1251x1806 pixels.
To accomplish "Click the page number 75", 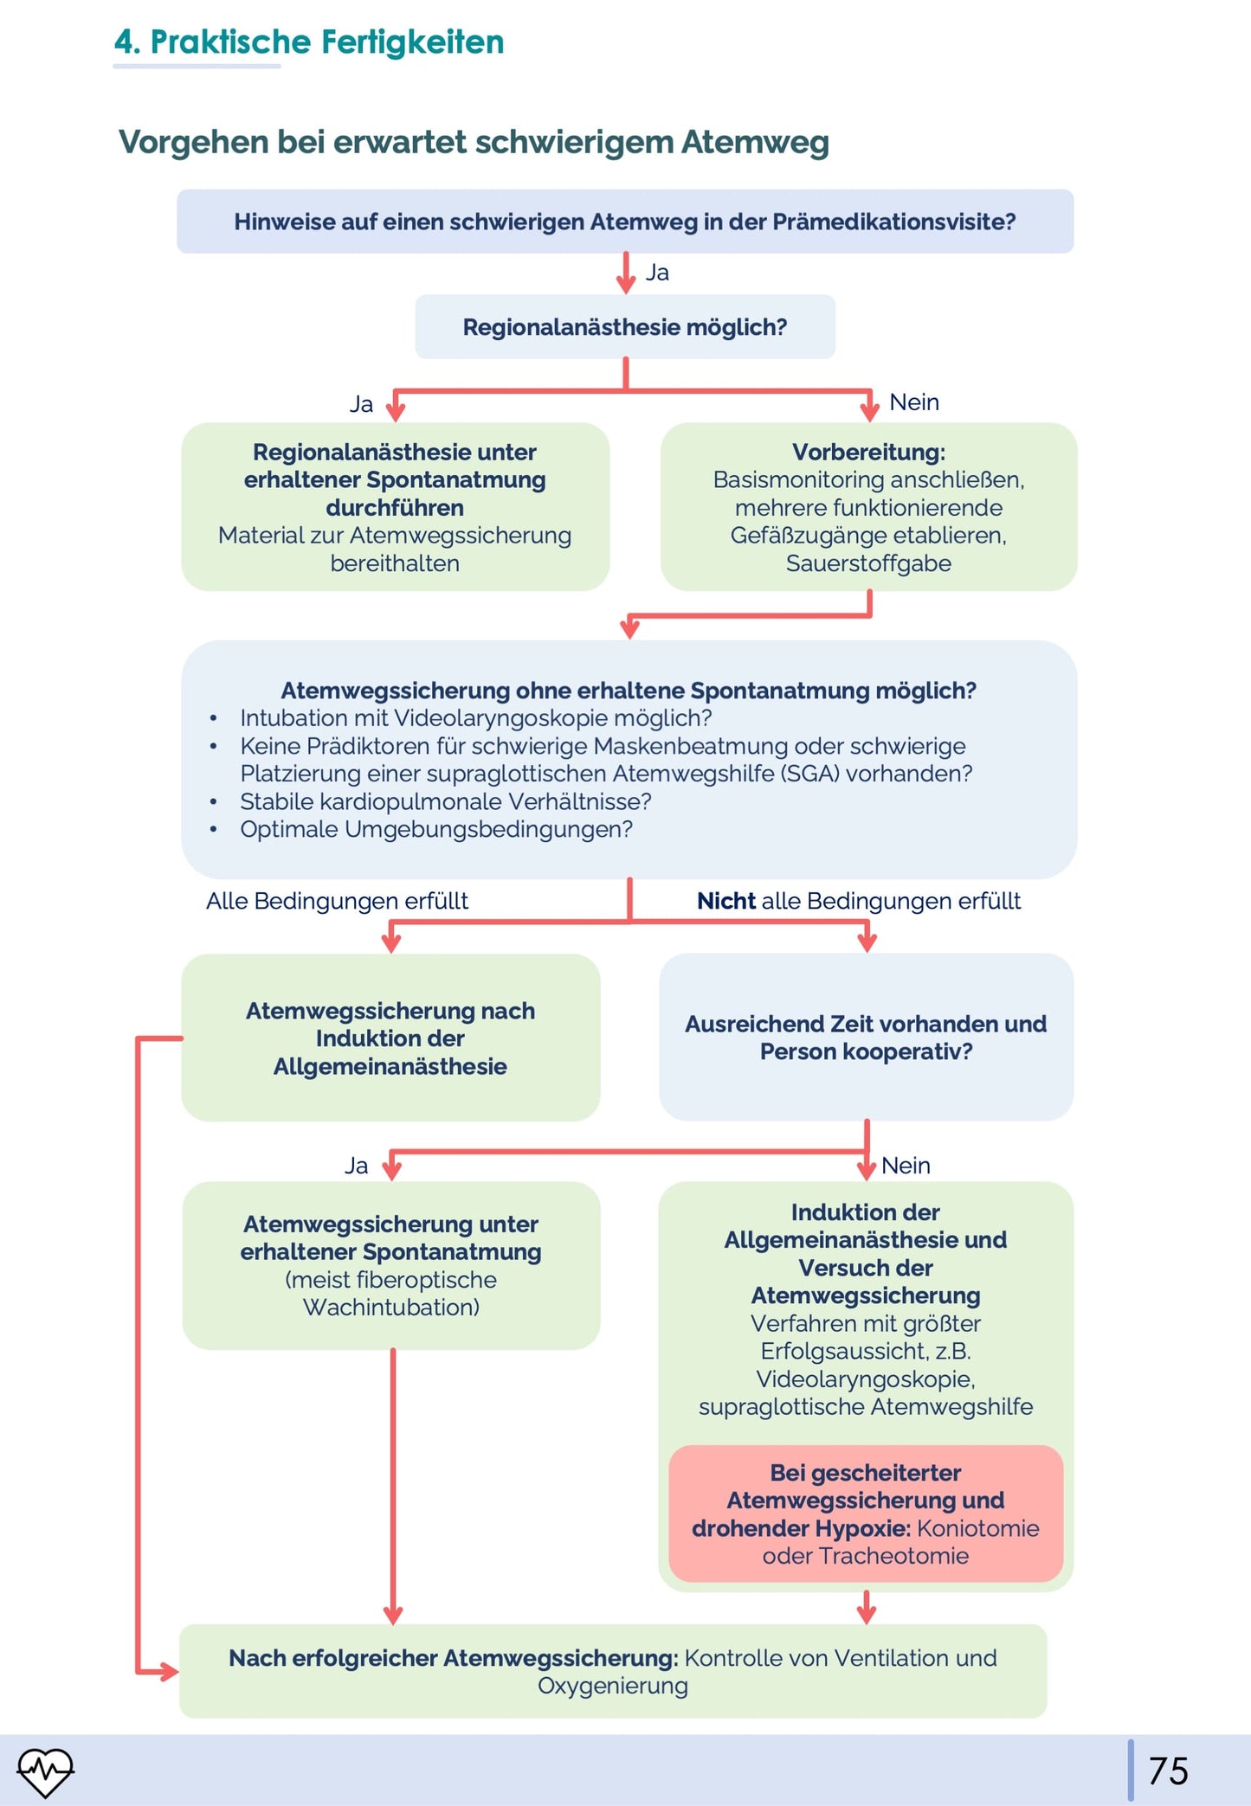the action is coord(1168,1771).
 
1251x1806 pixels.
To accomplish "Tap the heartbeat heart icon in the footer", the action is coord(46,1771).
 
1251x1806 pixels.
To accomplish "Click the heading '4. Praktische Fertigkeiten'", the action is coord(309,42).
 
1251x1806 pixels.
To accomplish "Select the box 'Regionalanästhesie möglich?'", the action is coord(625,327).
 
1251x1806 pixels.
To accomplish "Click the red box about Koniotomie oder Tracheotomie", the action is coord(866,1514).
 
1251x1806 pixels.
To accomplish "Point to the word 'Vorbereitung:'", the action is coord(868,452).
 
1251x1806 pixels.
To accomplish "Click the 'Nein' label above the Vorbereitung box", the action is coord(914,402).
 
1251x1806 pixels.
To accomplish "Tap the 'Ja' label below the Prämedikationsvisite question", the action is coord(657,273).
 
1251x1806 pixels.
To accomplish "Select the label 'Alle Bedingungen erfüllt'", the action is coord(337,901).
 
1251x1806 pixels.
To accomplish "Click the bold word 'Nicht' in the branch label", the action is coord(726,901).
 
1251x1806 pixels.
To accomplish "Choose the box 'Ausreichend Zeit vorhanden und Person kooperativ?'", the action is coord(867,1037).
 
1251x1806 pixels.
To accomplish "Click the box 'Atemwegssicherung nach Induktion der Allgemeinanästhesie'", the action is coord(390,1038).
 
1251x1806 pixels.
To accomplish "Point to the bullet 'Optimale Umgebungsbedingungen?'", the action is coord(436,829).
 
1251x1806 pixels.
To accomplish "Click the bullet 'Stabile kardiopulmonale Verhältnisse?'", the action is coord(446,801).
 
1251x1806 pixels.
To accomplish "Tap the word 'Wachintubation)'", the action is coord(391,1307).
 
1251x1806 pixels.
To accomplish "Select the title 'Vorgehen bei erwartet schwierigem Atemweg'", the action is coord(474,142).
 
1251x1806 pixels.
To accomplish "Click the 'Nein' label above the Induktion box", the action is coord(906,1166).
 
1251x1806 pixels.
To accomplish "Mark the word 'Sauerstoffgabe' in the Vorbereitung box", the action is coord(868,563).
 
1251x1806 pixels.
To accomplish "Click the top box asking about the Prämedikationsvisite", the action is coord(625,222).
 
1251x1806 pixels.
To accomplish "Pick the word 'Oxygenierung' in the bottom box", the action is coord(613,1686).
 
